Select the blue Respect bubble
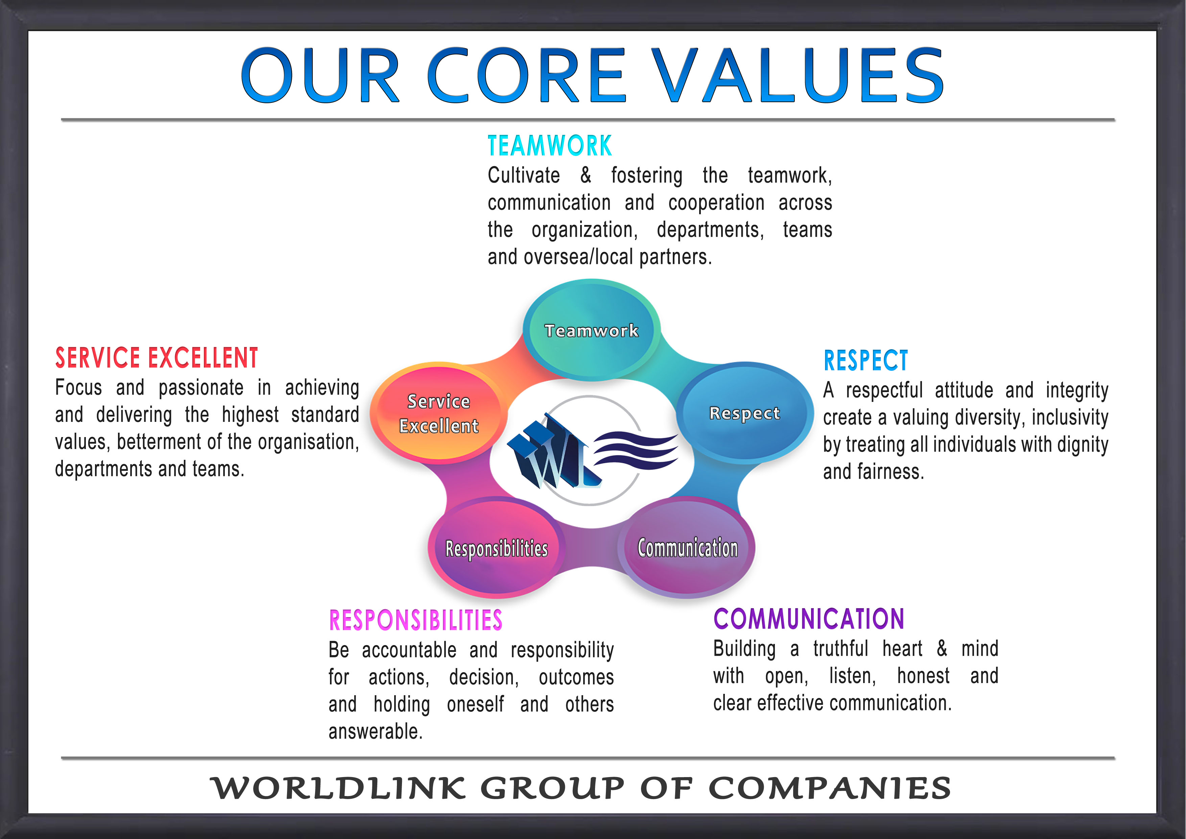point(745,412)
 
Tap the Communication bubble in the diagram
point(687,547)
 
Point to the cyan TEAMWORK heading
point(550,146)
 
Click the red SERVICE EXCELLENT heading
point(157,358)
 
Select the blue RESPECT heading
point(866,360)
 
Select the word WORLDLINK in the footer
point(338,788)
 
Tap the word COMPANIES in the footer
point(830,788)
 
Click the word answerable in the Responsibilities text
point(376,731)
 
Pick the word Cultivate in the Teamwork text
point(524,175)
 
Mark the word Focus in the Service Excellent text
point(78,387)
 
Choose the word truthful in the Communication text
point(840,648)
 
